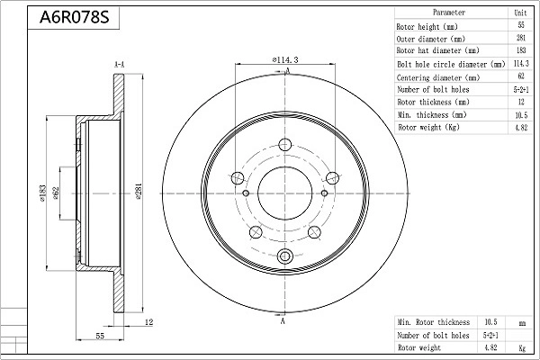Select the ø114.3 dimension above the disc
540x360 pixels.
click(284, 59)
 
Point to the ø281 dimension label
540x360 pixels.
click(138, 193)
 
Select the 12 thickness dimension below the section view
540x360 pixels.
click(149, 321)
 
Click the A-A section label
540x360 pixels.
click(119, 65)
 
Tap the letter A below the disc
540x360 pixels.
click(283, 321)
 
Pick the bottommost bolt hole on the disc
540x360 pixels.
click(285, 257)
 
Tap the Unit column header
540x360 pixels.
click(520, 13)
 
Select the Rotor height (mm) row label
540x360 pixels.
click(429, 27)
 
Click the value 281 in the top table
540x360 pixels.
click(520, 40)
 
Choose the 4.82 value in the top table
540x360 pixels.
click(520, 129)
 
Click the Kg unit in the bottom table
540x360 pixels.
click(522, 346)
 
